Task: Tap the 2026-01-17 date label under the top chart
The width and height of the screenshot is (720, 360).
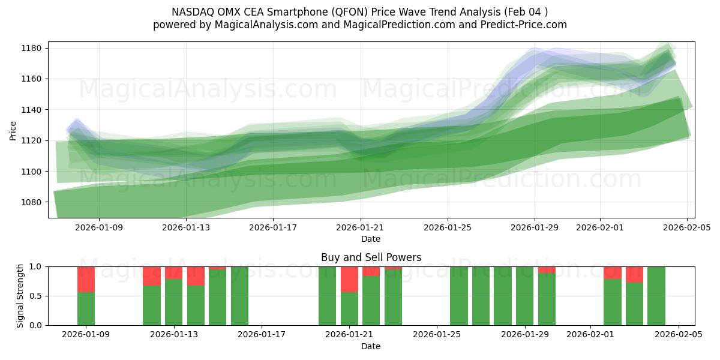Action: (x=273, y=227)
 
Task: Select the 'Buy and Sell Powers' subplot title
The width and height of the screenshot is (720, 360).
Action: (x=371, y=257)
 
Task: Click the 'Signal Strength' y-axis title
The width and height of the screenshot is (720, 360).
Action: (x=20, y=296)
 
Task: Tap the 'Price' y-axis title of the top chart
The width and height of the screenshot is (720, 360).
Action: (x=13, y=130)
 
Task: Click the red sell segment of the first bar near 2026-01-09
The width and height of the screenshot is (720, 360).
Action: (x=86, y=279)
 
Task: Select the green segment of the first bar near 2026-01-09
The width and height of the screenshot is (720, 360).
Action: (x=86, y=308)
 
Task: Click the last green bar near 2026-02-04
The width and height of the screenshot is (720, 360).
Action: (x=656, y=296)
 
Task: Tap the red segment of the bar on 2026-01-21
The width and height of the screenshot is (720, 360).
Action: (x=349, y=279)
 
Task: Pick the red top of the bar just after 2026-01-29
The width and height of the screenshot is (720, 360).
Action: (x=547, y=270)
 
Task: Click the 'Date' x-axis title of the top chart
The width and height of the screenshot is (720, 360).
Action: (x=371, y=239)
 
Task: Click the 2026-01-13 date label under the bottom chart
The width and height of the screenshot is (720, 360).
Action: (x=174, y=335)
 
